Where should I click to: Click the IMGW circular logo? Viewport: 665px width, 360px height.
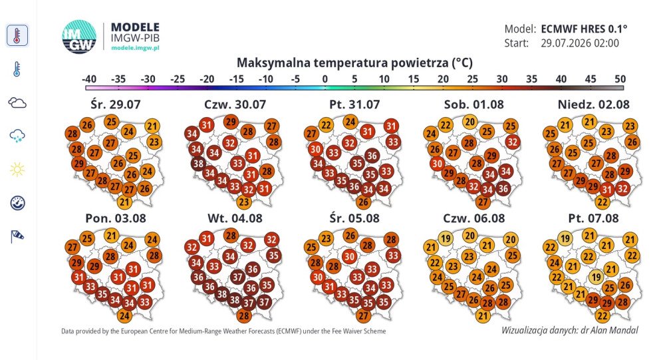(79, 37)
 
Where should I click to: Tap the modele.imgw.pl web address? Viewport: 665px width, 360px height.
(135, 48)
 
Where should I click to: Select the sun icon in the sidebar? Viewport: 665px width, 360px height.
(17, 170)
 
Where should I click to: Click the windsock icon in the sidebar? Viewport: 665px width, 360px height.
(17, 236)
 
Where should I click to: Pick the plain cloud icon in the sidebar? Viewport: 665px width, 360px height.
(17, 102)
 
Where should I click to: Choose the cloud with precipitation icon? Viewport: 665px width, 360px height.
(17, 136)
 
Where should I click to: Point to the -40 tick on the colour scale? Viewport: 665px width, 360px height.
(88, 79)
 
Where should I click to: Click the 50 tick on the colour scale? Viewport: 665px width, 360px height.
(620, 79)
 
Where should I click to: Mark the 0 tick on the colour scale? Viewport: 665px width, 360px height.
(325, 79)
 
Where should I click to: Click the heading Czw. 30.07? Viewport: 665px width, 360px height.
(235, 104)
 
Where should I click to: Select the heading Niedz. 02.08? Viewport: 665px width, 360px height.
(594, 104)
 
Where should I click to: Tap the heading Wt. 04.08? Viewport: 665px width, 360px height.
(235, 218)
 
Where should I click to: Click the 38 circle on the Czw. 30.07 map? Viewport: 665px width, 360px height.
(198, 164)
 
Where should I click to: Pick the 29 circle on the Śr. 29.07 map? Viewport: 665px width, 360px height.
(78, 164)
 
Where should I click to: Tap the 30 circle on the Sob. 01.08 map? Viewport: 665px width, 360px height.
(438, 164)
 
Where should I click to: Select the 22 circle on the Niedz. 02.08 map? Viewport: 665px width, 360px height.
(602, 202)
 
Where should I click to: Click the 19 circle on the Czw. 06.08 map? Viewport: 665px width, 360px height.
(446, 239)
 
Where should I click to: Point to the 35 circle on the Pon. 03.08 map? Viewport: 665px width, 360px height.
(102, 293)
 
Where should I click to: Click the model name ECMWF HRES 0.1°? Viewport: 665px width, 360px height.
(584, 29)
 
